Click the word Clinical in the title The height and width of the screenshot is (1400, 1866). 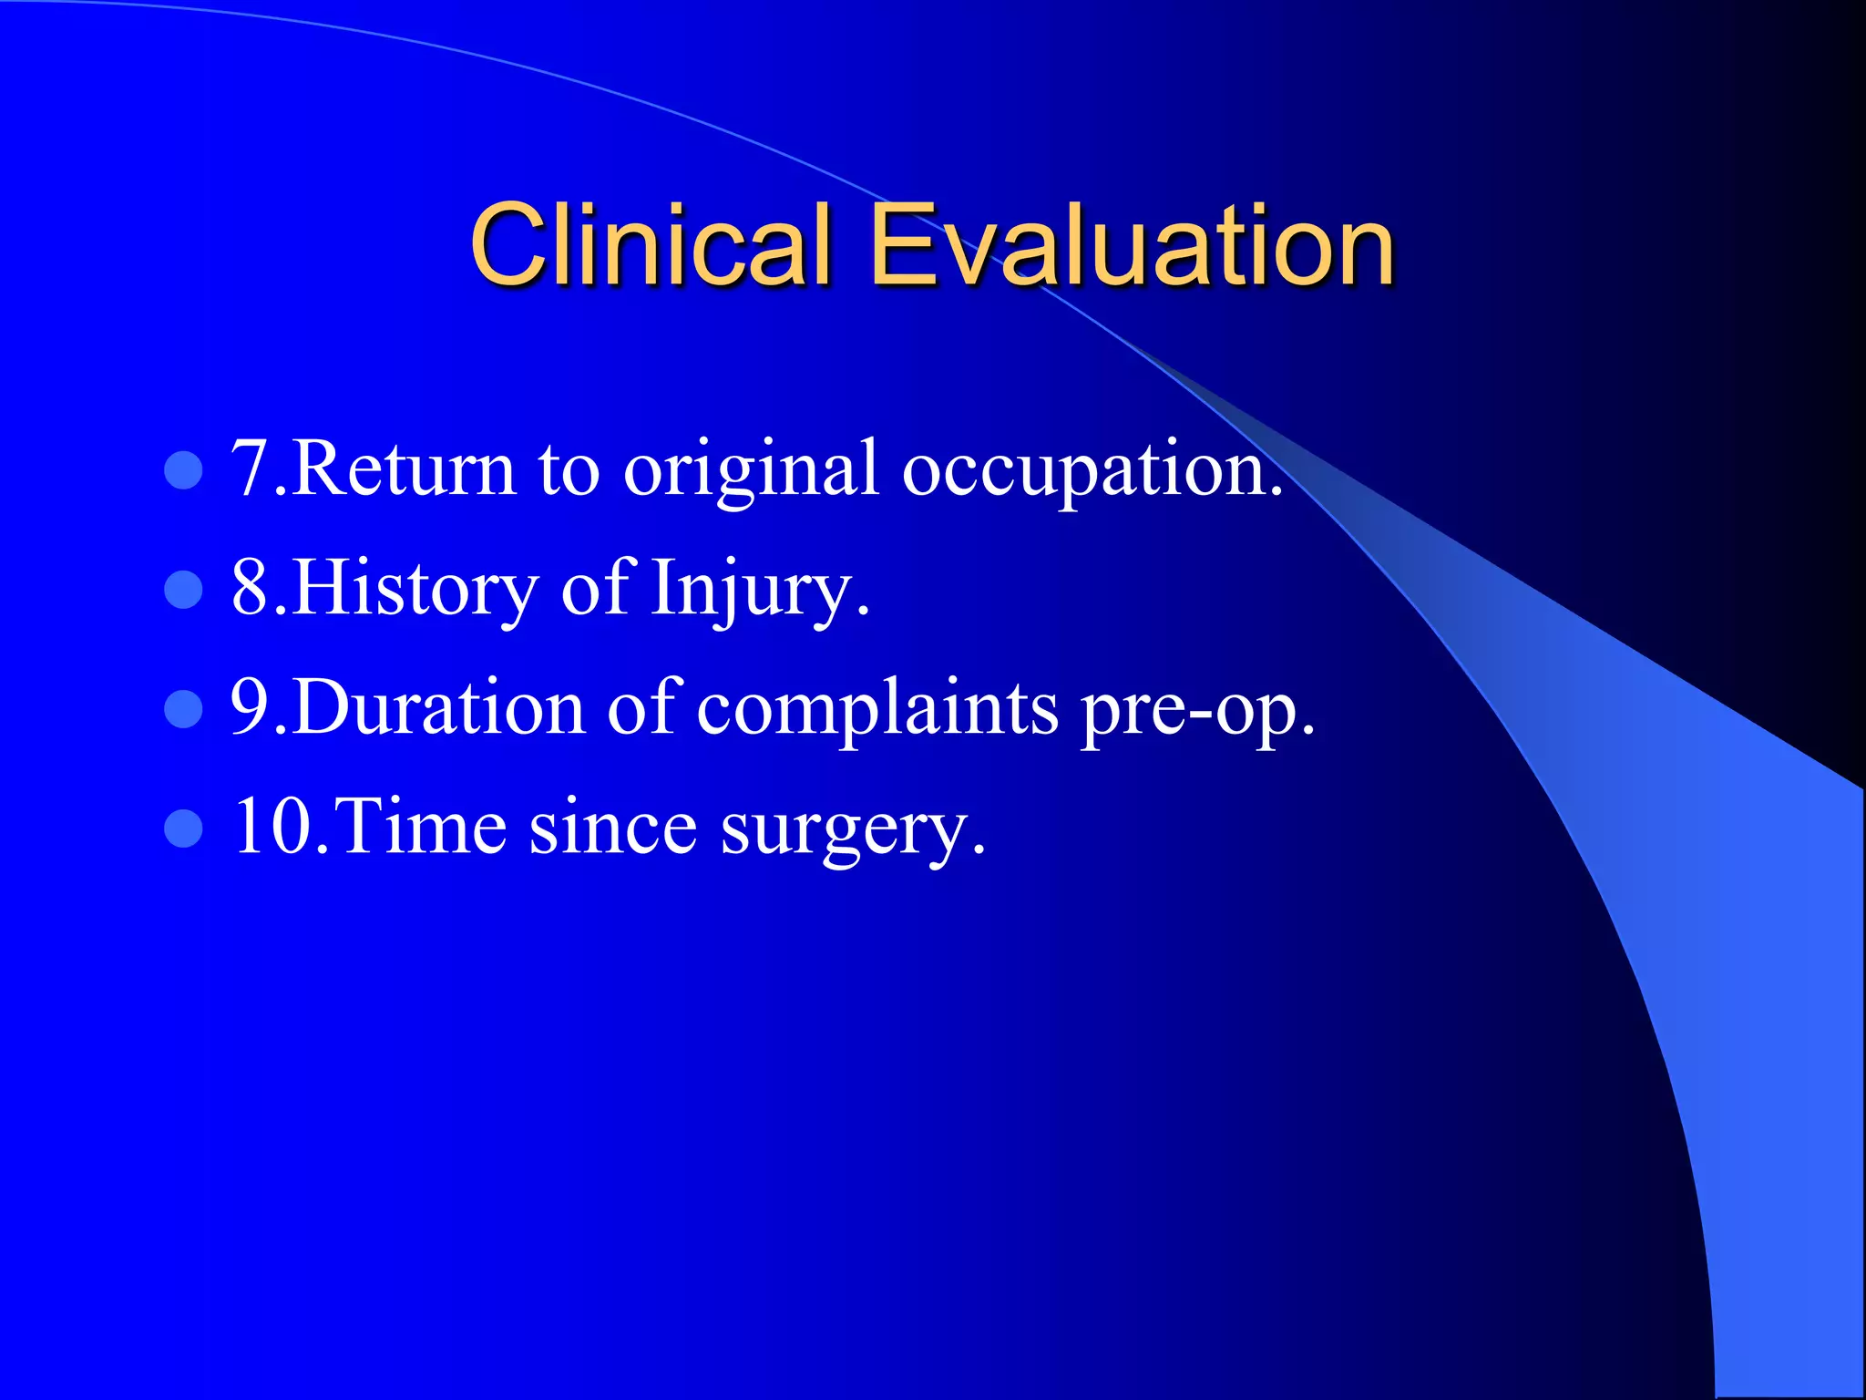pyautogui.click(x=651, y=244)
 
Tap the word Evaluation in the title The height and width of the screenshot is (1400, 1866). pyautogui.click(x=1132, y=244)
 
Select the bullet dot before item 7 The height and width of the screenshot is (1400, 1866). pyautogui.click(x=183, y=470)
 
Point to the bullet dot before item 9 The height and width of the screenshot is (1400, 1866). pyautogui.click(x=183, y=709)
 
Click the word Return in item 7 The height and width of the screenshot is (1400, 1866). pyautogui.click(x=404, y=470)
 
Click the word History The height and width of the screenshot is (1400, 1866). pyautogui.click(x=415, y=589)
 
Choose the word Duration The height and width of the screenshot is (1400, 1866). pyautogui.click(x=438, y=709)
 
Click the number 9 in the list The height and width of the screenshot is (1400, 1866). pyautogui.click(x=248, y=709)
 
